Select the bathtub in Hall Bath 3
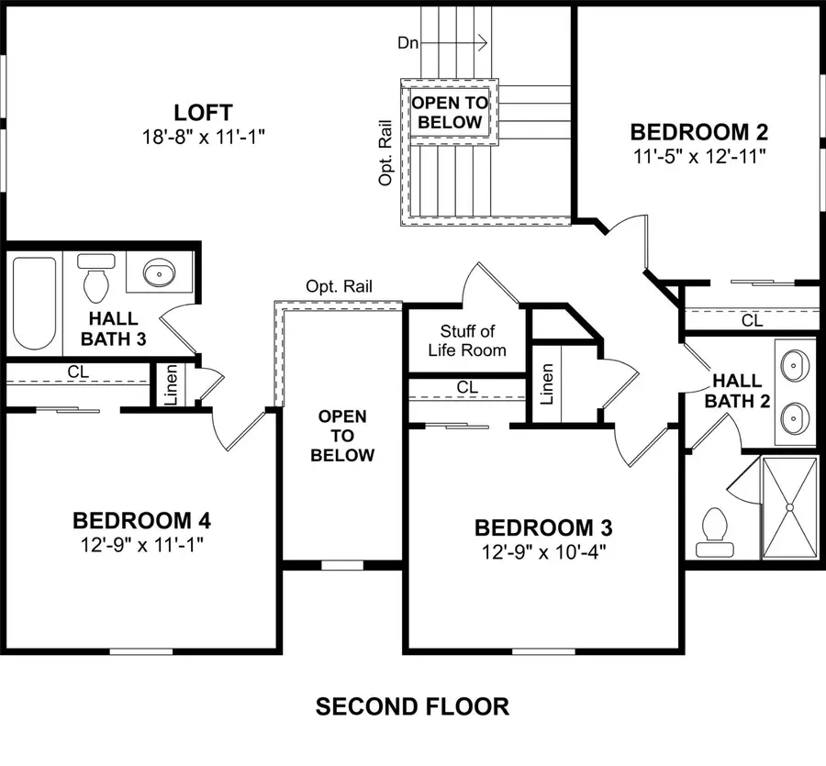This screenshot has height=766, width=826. click(35, 302)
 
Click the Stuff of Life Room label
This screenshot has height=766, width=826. click(467, 340)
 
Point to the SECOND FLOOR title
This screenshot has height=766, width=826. click(412, 706)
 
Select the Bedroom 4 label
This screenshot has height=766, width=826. click(141, 521)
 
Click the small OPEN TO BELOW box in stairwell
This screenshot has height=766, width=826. click(447, 112)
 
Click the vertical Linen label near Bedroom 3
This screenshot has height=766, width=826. click(548, 384)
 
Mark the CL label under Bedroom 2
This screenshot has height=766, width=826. click(751, 321)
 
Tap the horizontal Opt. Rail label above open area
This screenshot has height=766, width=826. click(339, 286)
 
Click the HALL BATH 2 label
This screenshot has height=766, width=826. click(736, 390)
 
